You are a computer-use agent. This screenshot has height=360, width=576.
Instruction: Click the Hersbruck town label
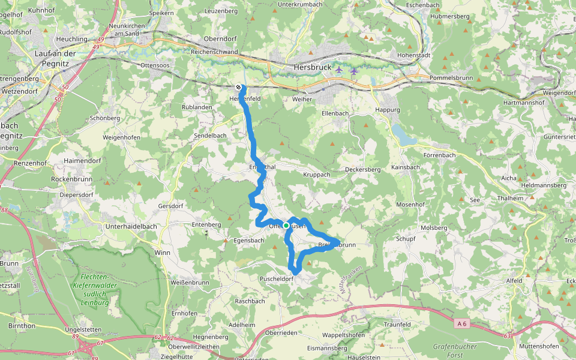click(313, 67)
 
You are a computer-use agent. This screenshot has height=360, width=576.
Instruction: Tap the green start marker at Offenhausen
click(286, 226)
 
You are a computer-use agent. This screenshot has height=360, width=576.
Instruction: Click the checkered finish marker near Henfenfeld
click(239, 87)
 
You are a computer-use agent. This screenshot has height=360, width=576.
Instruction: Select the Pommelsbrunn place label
click(451, 78)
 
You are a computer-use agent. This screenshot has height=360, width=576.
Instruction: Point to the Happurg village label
click(387, 110)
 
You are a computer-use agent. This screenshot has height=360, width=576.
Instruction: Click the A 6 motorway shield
click(461, 323)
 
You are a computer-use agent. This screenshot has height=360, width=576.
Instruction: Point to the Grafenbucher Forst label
click(454, 350)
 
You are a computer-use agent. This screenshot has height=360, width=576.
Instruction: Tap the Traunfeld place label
click(397, 324)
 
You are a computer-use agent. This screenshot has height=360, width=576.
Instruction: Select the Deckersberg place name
click(363, 170)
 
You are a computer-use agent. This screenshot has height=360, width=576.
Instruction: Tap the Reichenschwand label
click(214, 52)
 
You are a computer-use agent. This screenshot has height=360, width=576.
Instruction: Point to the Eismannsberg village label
click(327, 348)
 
